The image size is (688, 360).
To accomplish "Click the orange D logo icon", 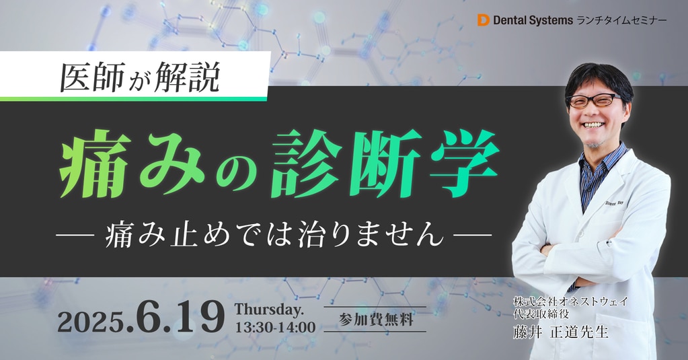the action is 483,20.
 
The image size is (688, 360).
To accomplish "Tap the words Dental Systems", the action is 533,20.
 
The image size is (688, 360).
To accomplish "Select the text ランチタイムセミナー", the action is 621,20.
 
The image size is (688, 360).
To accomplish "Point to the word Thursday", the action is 269,310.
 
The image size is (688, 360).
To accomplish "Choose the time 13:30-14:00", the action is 275,327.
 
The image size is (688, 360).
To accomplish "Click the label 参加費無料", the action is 375,319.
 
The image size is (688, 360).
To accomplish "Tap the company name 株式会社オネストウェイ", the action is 570,301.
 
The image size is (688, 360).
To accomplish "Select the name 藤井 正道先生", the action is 561,332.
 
